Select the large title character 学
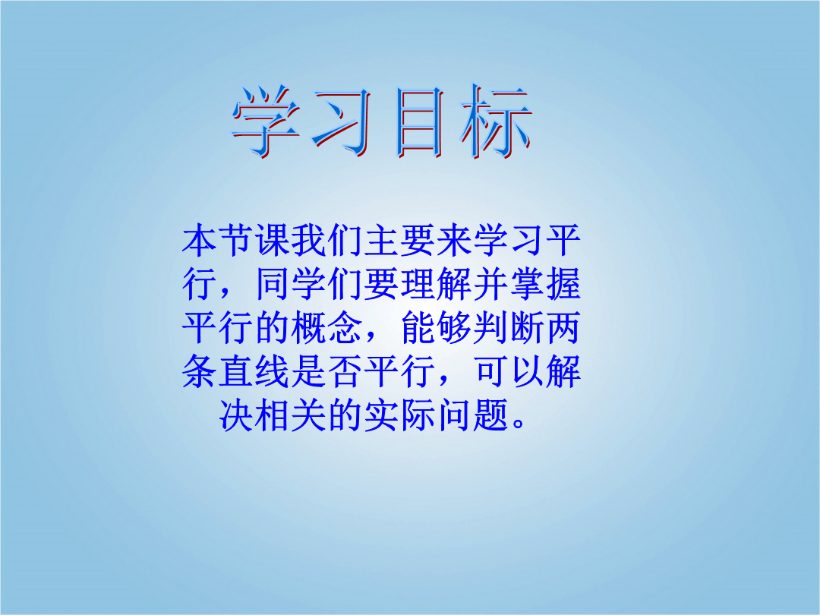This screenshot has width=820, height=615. point(266,121)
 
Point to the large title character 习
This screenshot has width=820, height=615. point(342,121)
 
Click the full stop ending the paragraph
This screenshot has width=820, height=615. point(519,423)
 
